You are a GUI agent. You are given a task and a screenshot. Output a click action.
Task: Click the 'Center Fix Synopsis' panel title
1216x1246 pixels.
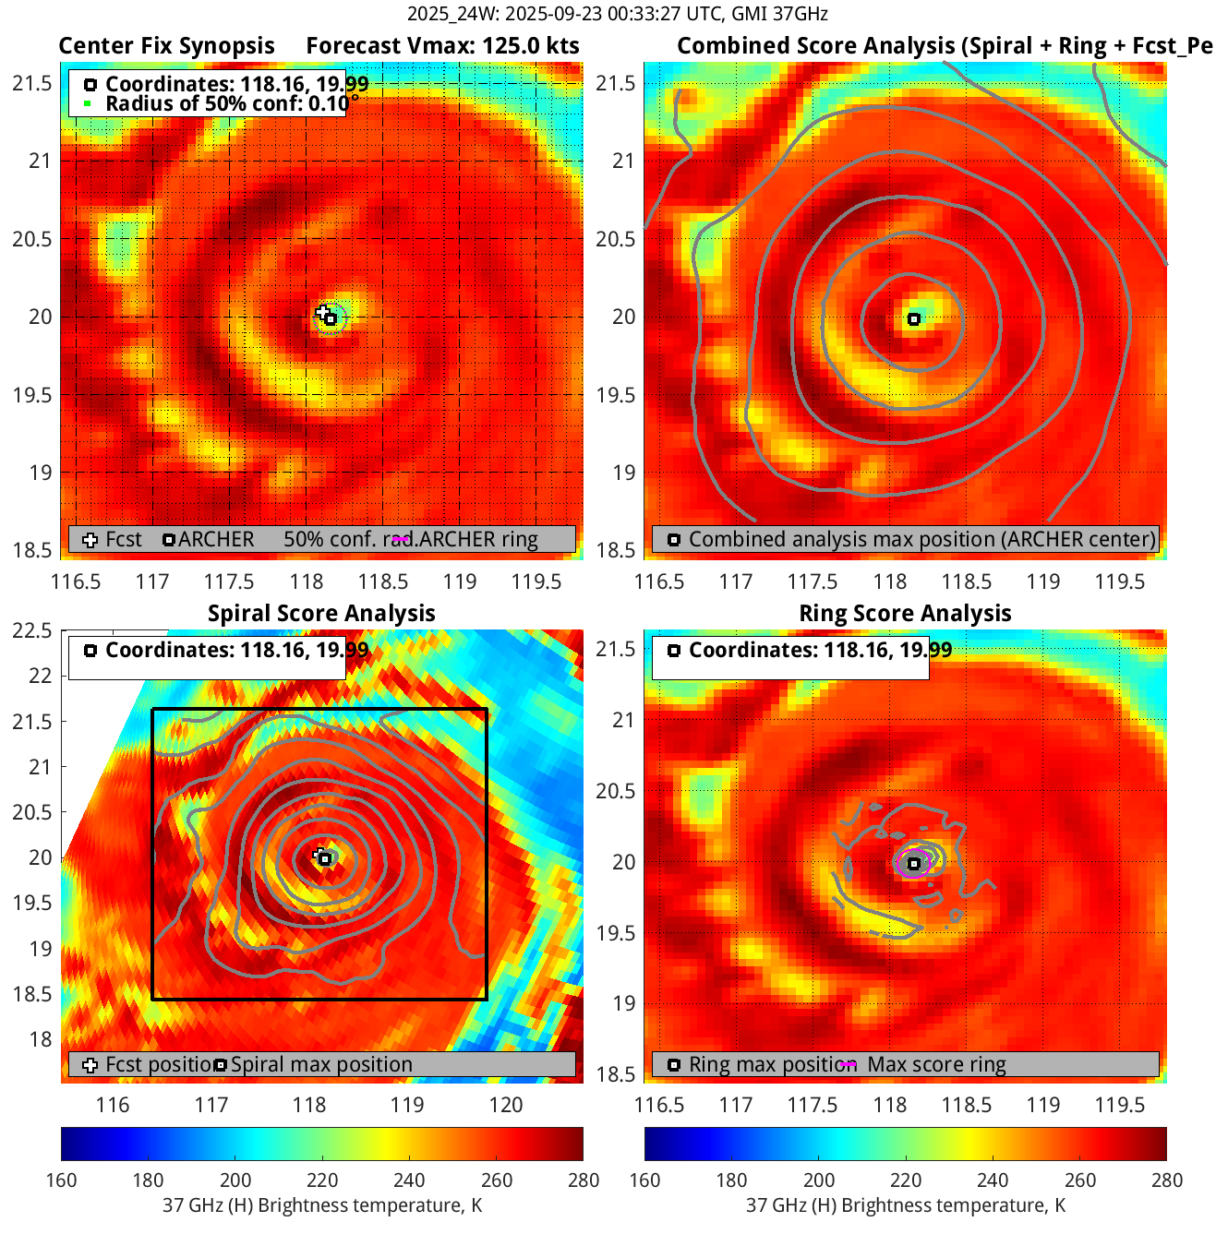166,46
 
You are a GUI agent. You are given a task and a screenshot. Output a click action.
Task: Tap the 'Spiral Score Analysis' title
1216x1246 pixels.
321,614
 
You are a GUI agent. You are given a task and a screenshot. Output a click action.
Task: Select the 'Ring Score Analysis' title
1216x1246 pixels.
905,614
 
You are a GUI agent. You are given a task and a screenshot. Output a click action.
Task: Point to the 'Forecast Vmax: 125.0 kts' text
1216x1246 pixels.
442,46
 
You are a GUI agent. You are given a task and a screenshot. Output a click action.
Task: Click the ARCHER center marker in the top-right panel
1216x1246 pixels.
914,319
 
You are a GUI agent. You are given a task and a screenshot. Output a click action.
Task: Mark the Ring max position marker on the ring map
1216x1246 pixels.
914,864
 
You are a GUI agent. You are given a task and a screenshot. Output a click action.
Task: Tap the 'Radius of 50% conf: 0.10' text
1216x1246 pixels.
226,104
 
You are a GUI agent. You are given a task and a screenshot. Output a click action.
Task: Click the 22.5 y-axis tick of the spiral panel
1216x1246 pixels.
32,631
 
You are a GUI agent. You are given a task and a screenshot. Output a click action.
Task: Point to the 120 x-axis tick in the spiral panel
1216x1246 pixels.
506,1106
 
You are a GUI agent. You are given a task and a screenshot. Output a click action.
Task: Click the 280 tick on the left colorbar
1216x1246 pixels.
584,1180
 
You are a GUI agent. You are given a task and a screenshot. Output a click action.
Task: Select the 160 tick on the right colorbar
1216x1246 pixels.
645,1180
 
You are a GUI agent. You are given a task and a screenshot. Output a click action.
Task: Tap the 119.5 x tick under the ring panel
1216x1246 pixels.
1119,1106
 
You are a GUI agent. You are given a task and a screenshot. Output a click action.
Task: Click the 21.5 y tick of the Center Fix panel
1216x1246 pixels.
32,84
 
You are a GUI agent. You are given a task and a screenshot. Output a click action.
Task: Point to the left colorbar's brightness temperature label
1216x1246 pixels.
322,1205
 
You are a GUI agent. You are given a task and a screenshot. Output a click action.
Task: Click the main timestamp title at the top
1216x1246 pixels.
608,14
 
